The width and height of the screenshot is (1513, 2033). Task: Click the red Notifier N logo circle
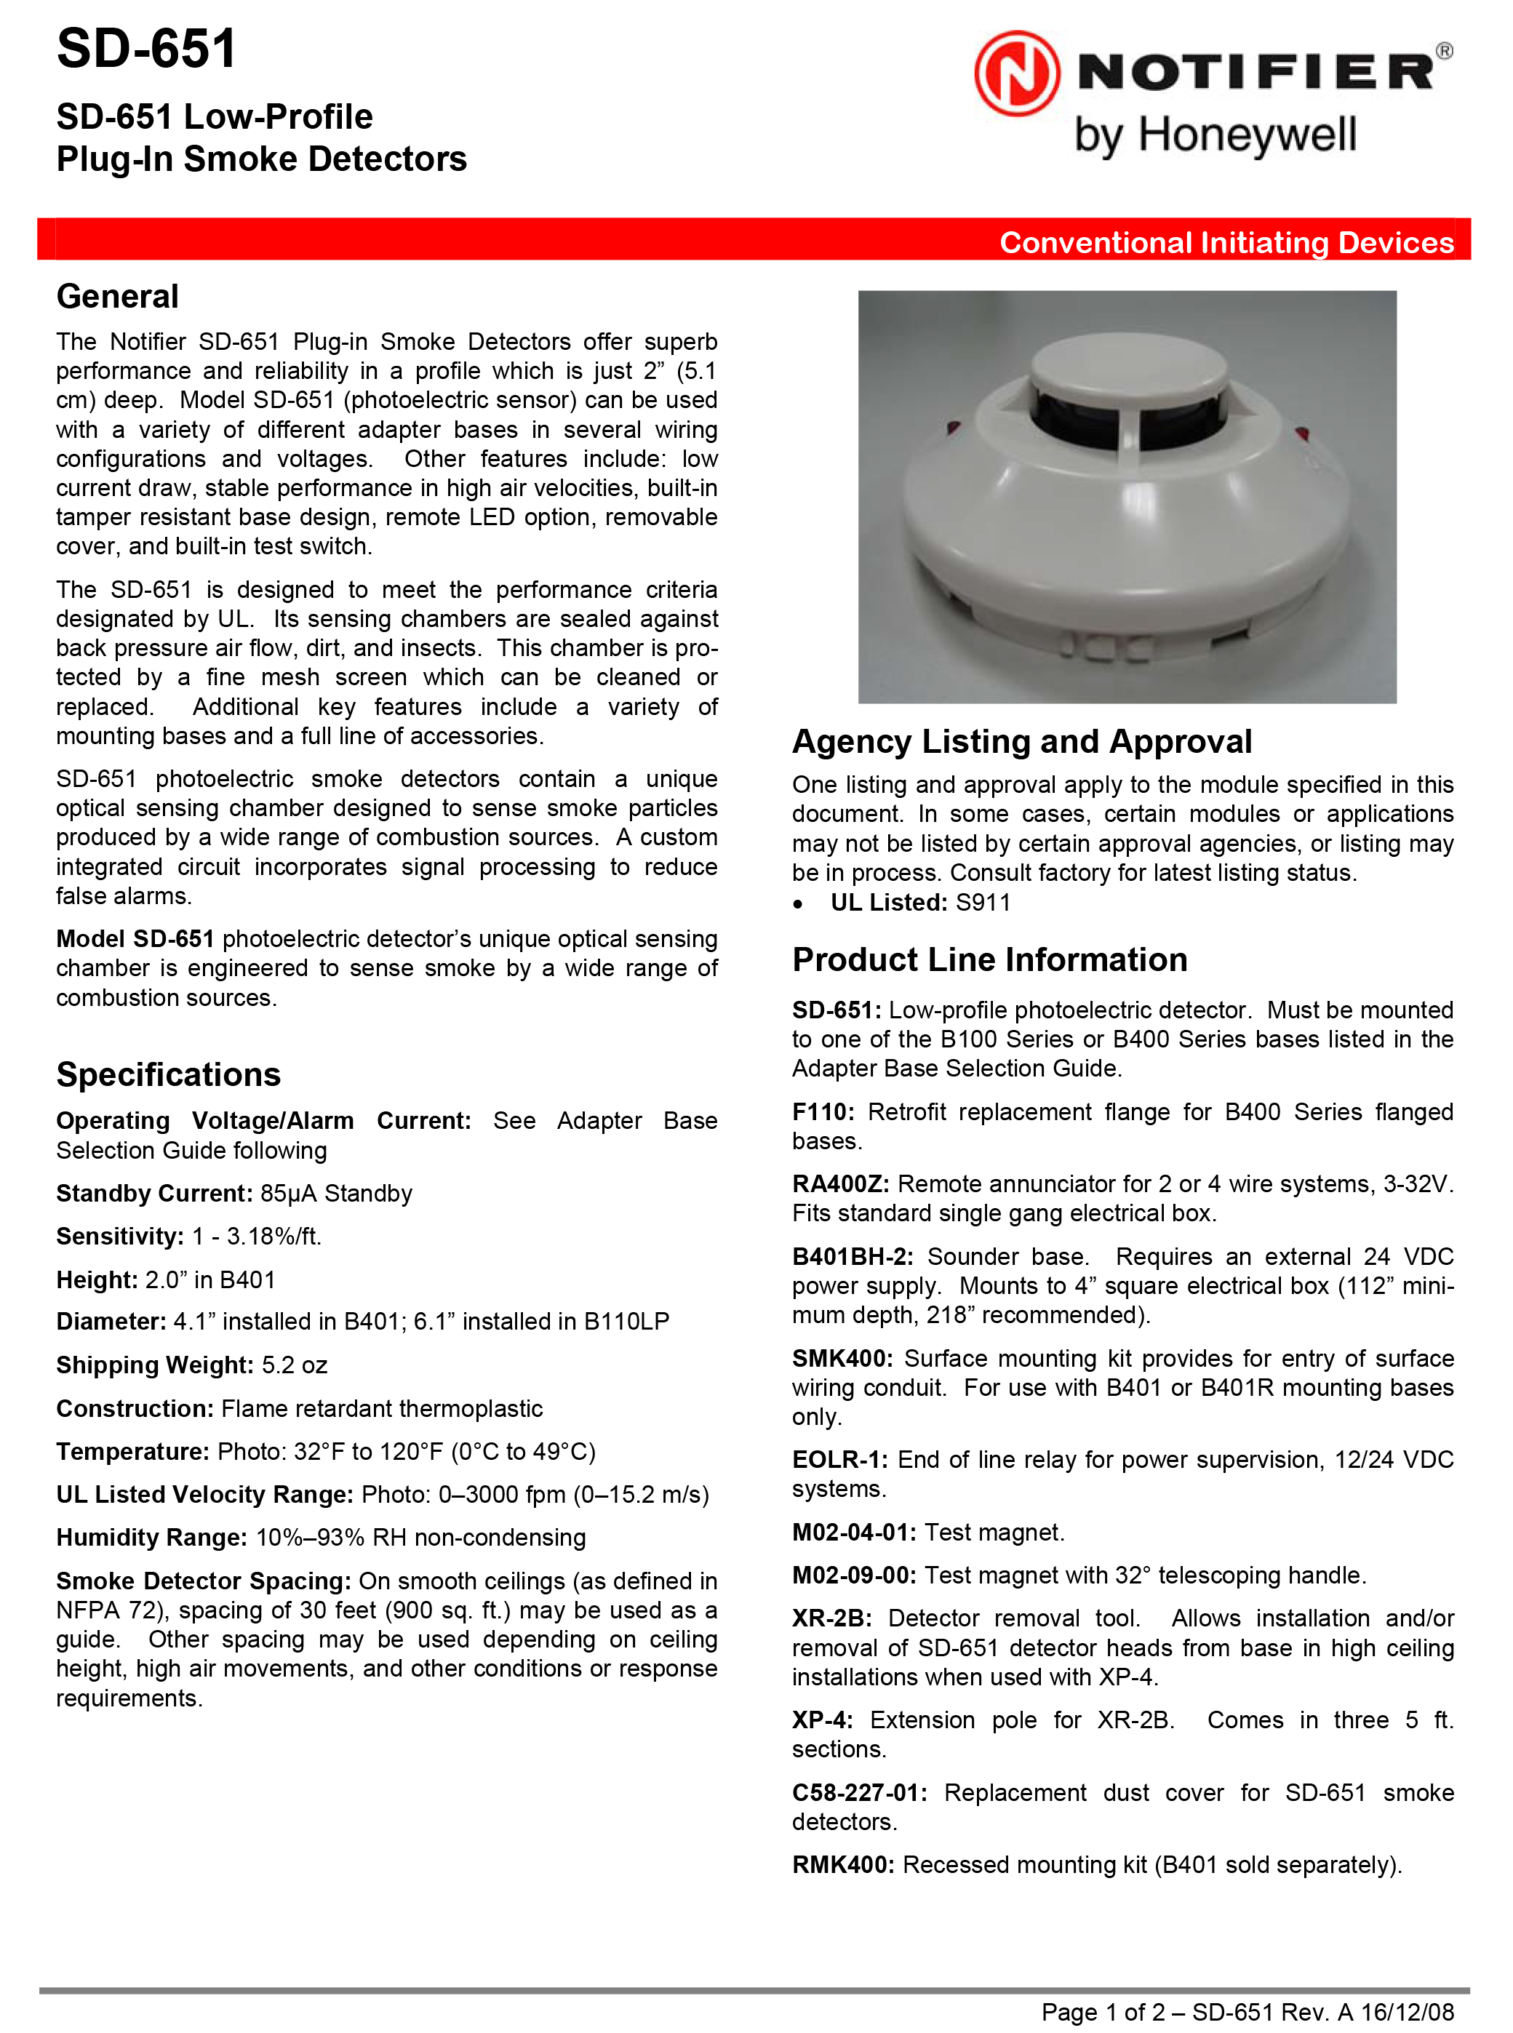1017,73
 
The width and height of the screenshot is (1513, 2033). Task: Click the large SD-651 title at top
146,49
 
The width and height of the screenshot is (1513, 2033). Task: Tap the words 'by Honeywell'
1215,135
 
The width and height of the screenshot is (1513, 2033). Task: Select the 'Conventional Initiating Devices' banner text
1226,243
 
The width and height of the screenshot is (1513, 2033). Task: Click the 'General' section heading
117,297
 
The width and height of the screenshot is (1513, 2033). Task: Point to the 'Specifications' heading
169,1074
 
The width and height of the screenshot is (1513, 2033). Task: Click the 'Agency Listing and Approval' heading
1021,741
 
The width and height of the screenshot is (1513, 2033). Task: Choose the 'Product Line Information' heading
989,959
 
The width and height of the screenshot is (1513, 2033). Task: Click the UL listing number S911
983,903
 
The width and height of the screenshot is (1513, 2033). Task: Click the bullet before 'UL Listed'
799,905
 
